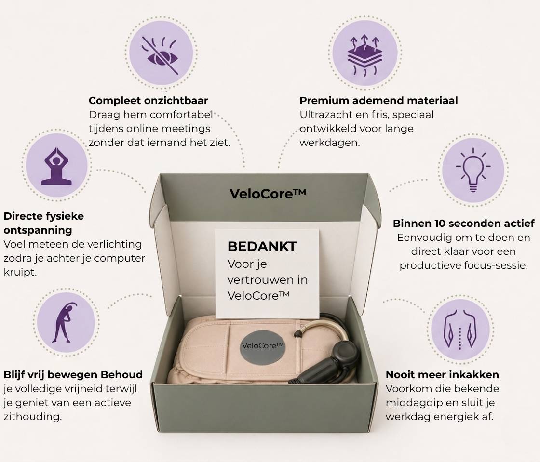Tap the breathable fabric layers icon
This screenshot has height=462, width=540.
(x=364, y=54)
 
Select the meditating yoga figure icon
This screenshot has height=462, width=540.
(x=56, y=167)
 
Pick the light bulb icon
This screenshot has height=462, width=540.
(x=473, y=170)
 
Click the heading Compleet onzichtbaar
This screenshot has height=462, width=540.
(x=148, y=101)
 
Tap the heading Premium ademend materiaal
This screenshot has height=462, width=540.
(x=379, y=101)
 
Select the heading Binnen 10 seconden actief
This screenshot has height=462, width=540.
(x=464, y=223)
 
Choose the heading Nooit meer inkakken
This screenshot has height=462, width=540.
(x=442, y=375)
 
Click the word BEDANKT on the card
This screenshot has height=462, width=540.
(x=262, y=246)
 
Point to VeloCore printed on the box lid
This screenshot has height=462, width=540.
(x=268, y=194)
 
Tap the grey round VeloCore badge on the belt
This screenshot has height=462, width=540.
(x=263, y=346)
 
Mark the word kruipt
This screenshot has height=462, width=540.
(x=20, y=272)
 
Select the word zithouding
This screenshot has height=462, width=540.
(x=33, y=417)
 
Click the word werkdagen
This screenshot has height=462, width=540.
(x=330, y=143)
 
